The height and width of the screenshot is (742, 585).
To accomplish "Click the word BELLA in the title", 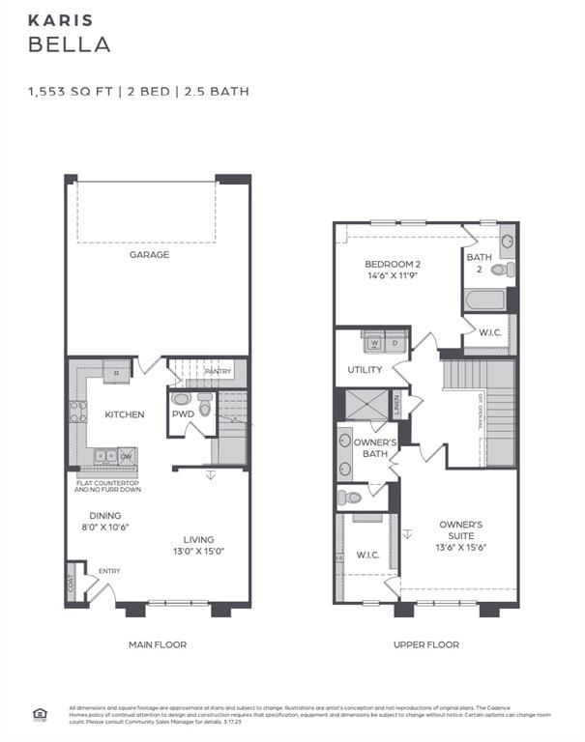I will tap(69, 44).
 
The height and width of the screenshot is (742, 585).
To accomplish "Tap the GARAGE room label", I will tap(150, 255).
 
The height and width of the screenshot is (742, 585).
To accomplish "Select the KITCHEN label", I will tap(125, 414).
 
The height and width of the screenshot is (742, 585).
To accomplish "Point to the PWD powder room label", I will tap(183, 414).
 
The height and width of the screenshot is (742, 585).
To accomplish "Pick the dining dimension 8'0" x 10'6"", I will tap(105, 528).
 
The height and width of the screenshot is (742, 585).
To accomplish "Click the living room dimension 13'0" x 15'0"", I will tap(199, 552).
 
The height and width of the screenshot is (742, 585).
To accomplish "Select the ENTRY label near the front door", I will tap(108, 571).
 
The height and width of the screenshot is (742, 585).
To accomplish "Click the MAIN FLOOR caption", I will tap(158, 644).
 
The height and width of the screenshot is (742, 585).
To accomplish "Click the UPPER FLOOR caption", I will tap(426, 644).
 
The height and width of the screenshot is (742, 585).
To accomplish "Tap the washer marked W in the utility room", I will tap(372, 342).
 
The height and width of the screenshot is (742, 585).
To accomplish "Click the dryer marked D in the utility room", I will tap(395, 342).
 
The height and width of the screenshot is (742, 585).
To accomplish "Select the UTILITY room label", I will tap(365, 370).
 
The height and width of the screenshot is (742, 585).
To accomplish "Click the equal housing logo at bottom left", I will tap(40, 715).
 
